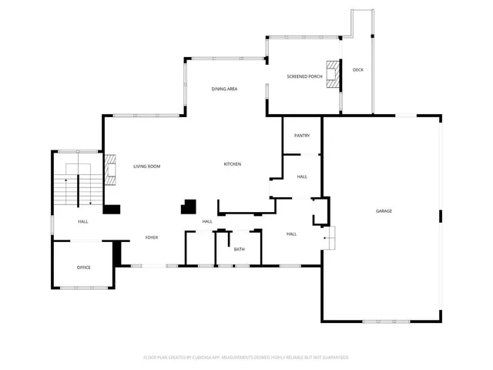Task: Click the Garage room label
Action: click(x=384, y=211)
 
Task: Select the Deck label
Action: click(x=357, y=70)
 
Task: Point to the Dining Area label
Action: click(x=224, y=89)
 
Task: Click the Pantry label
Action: click(x=302, y=136)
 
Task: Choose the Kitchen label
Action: click(x=233, y=164)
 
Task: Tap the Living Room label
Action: click(x=146, y=166)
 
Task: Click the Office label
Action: click(x=83, y=267)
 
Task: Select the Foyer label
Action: click(x=152, y=237)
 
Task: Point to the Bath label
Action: click(x=240, y=249)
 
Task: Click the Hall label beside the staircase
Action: click(x=83, y=222)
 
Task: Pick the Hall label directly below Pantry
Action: click(x=302, y=177)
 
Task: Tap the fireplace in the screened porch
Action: click(x=333, y=76)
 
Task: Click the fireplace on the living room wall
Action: click(x=110, y=170)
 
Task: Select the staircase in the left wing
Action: click(x=77, y=185)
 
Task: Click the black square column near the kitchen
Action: click(x=188, y=207)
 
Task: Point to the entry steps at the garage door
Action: click(x=330, y=236)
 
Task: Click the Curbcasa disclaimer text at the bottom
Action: click(x=246, y=358)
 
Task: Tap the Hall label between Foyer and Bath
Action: click(x=207, y=222)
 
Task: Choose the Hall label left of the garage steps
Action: click(x=292, y=234)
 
